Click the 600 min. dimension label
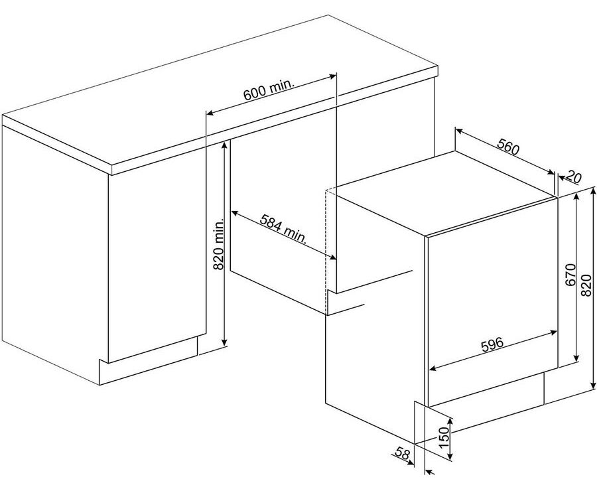pos(269,90)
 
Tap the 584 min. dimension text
pos(283,229)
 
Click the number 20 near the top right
pos(574,177)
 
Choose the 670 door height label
pos(570,275)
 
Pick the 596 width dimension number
pos(492,344)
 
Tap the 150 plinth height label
pos(444,438)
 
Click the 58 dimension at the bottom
pos(402,453)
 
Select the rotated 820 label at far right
pos(587,285)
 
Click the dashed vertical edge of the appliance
pos(326,251)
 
